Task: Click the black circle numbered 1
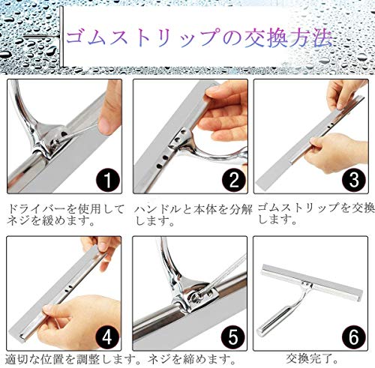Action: (x=107, y=180)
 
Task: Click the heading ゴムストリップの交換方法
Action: (x=199, y=38)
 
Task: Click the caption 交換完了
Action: (x=311, y=359)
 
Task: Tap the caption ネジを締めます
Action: (x=192, y=359)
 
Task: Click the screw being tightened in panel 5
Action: (x=197, y=297)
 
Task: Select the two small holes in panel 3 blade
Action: (x=331, y=124)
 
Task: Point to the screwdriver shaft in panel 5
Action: (x=223, y=273)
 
